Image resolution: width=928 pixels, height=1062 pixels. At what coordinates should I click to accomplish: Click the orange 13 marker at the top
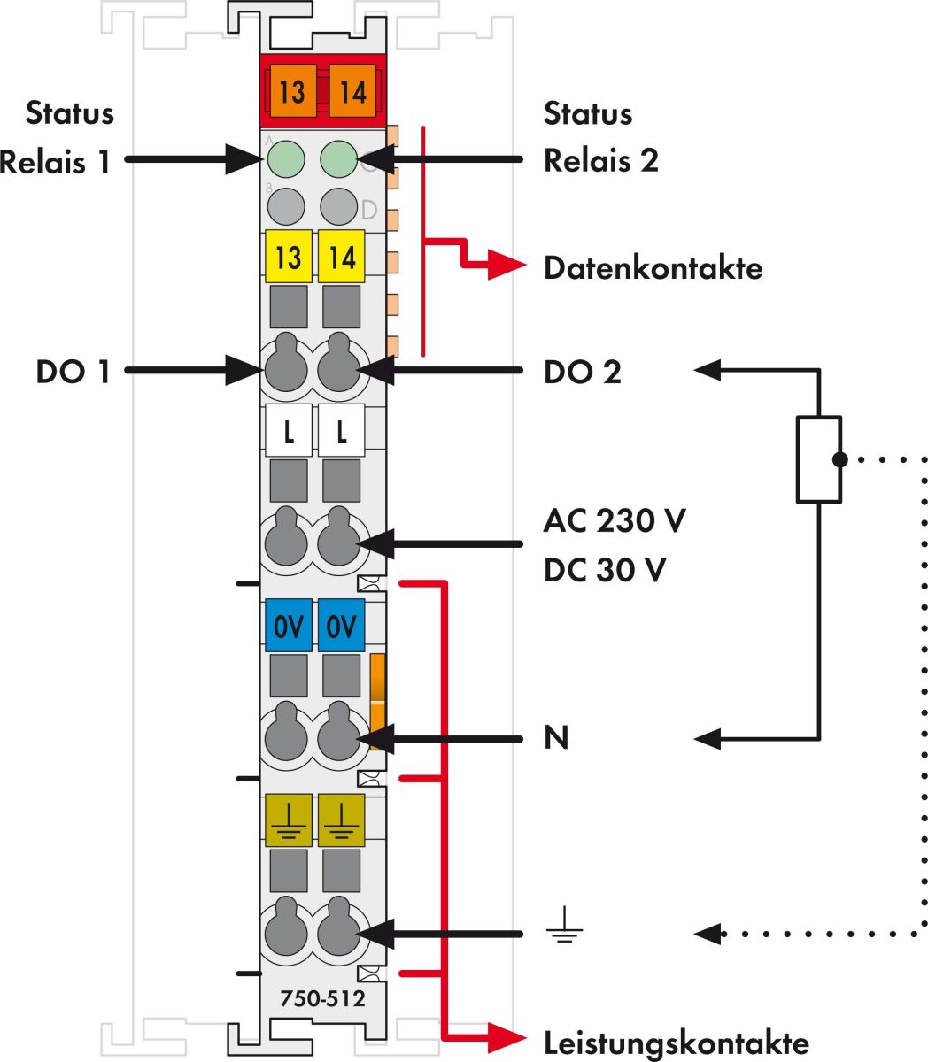click(x=291, y=91)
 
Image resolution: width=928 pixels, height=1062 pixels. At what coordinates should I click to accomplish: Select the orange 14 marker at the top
click(x=352, y=91)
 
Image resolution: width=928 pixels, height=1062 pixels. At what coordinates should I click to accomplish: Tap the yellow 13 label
click(x=289, y=257)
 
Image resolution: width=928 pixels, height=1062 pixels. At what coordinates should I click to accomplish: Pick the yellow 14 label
click(x=342, y=257)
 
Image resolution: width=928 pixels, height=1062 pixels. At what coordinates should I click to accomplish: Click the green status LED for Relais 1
click(x=286, y=159)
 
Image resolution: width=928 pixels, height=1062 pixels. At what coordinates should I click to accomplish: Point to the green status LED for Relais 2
click(x=338, y=159)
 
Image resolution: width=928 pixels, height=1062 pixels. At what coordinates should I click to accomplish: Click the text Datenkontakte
click(x=653, y=267)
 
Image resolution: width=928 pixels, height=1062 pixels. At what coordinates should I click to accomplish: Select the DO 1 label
click(x=73, y=372)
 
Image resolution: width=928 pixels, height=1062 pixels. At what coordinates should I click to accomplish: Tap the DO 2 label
click(x=583, y=373)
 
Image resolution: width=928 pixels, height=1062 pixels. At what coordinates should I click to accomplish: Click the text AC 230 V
click(x=615, y=520)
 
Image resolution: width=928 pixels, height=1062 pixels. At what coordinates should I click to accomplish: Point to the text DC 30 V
click(x=605, y=570)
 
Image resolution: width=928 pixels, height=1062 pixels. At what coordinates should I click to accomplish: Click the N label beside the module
click(x=556, y=737)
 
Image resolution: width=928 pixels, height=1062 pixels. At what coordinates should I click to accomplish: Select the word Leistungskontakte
click(x=676, y=1043)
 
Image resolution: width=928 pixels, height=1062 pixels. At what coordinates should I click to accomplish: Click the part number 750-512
click(x=322, y=999)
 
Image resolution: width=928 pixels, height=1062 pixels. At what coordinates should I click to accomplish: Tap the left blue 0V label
click(x=289, y=627)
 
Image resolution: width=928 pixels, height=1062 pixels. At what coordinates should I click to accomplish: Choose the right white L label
click(x=342, y=432)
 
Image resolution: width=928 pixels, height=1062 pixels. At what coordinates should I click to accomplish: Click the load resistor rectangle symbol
click(x=819, y=459)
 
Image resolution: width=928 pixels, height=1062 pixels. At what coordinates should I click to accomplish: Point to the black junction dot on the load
click(x=840, y=459)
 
